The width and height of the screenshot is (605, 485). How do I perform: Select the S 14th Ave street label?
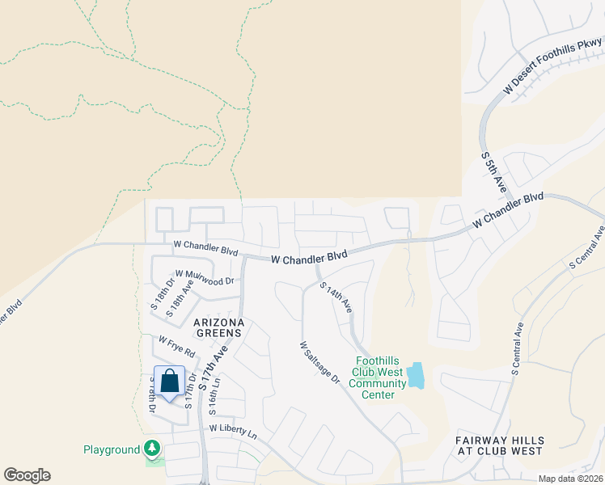[x=336, y=297]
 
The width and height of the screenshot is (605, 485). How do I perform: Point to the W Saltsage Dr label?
[x=319, y=362]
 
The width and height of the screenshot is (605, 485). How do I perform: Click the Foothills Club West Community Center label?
[x=377, y=378]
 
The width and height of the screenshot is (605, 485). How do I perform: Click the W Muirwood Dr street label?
[x=204, y=279]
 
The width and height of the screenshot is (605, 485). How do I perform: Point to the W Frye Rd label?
[x=177, y=348]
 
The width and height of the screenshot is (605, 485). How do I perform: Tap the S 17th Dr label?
[x=190, y=390]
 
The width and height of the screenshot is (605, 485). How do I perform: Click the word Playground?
[x=112, y=449]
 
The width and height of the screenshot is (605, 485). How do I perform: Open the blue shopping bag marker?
[x=170, y=381]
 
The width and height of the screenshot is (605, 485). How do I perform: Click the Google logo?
[x=27, y=475]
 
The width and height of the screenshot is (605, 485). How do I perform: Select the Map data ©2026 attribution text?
[x=570, y=479]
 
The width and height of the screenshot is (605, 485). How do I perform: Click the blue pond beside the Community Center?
[x=416, y=375]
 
